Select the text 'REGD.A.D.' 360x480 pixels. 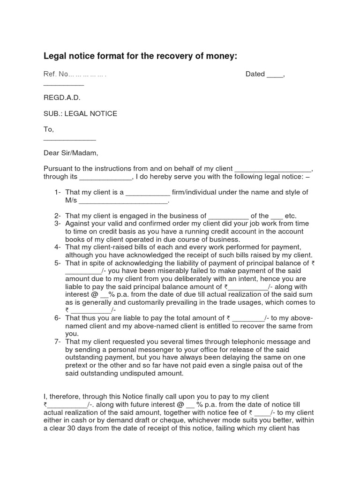pyautogui.click(x=62, y=97)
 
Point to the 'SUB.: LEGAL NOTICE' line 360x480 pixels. pyautogui.click(x=80, y=113)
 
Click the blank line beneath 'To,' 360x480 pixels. pyautogui.click(x=69, y=140)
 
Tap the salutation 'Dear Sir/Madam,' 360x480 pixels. pyautogui.click(x=71, y=153)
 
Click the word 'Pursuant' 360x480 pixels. pyautogui.click(x=59, y=169)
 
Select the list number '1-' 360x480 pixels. pyautogui.click(x=58, y=192)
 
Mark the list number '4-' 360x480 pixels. pyautogui.click(x=58, y=247)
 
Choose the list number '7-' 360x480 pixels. pyautogui.click(x=58, y=342)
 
